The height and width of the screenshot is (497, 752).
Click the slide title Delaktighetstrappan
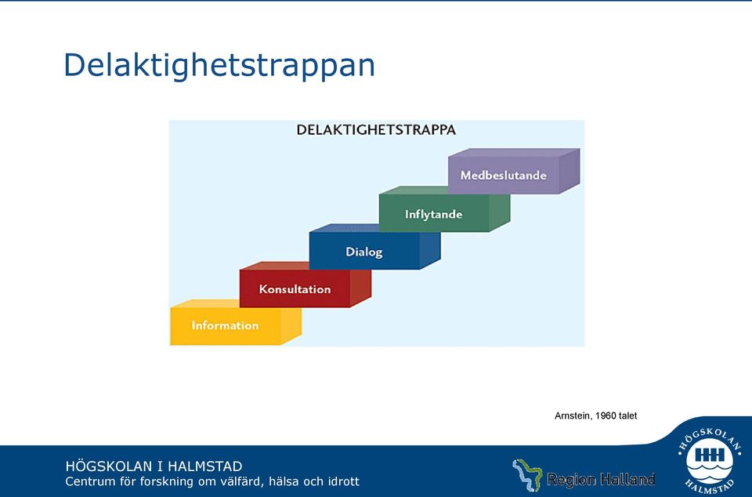tap(219, 66)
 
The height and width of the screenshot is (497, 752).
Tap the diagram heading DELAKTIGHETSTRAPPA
tap(376, 130)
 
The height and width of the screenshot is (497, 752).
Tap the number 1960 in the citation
tap(606, 416)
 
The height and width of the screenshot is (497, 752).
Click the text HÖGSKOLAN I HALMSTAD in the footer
tap(154, 466)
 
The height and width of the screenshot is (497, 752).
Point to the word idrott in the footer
tap(343, 481)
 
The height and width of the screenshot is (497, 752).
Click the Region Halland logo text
tap(601, 479)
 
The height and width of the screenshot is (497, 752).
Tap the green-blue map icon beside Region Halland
tap(526, 475)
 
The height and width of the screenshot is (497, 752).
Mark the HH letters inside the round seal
tap(710, 455)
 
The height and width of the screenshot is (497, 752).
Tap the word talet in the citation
tap(627, 416)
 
